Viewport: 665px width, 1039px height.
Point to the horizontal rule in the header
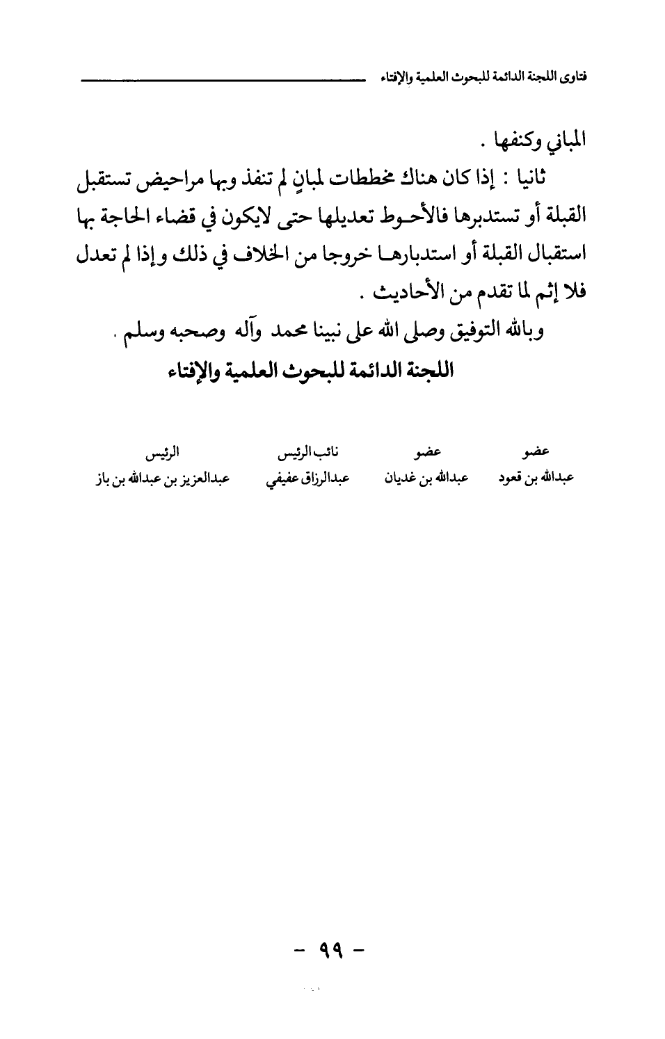click(x=223, y=81)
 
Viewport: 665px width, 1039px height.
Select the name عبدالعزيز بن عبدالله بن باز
click(x=163, y=478)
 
